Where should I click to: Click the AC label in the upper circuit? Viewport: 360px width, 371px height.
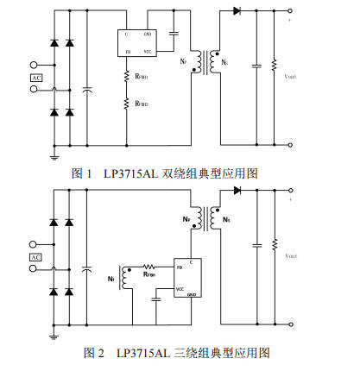pyautogui.click(x=36, y=79)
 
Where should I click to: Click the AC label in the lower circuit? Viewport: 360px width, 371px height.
pyautogui.click(x=36, y=257)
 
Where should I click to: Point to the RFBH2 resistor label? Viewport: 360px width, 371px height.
pyautogui.click(x=142, y=104)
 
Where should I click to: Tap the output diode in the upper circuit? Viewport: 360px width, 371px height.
pyautogui.click(x=237, y=10)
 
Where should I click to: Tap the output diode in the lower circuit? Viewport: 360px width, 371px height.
pyautogui.click(x=236, y=191)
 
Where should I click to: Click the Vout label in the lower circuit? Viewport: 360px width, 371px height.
pyautogui.click(x=291, y=255)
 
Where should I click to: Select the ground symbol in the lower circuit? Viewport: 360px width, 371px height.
pyautogui.click(x=54, y=335)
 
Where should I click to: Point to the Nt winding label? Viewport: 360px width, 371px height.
pyautogui.click(x=111, y=279)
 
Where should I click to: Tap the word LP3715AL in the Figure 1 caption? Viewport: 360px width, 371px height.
pyautogui.click(x=130, y=173)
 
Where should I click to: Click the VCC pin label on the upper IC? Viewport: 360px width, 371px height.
pyautogui.click(x=148, y=52)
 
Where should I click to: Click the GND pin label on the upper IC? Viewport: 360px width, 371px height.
pyautogui.click(x=148, y=34)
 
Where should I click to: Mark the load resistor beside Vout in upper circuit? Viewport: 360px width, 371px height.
pyautogui.click(x=275, y=66)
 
